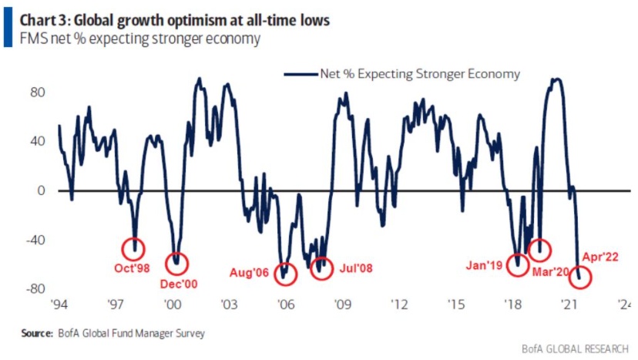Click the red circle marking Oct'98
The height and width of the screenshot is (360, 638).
click(134, 248)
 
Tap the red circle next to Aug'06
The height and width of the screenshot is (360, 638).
click(287, 272)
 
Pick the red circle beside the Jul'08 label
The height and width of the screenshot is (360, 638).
click(320, 267)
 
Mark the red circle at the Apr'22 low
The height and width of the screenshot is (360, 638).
click(580, 277)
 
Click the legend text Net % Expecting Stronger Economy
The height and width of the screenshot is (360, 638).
click(420, 74)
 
